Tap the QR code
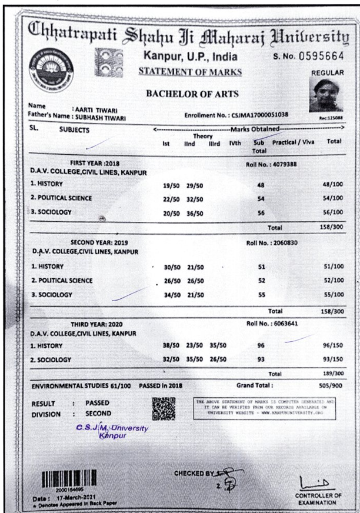[x=164, y=408]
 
